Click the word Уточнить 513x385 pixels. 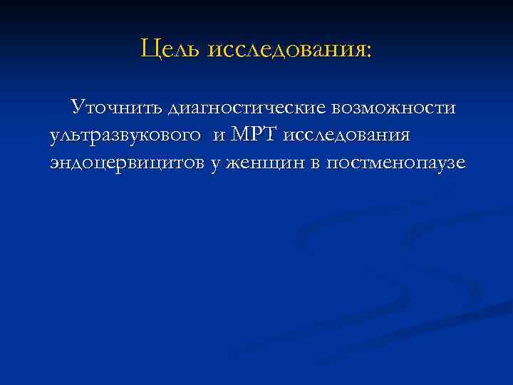[x=116, y=108]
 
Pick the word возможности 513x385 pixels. [x=402, y=108]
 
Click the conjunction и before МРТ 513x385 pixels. [x=218, y=137]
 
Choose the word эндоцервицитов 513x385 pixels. [x=128, y=164]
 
